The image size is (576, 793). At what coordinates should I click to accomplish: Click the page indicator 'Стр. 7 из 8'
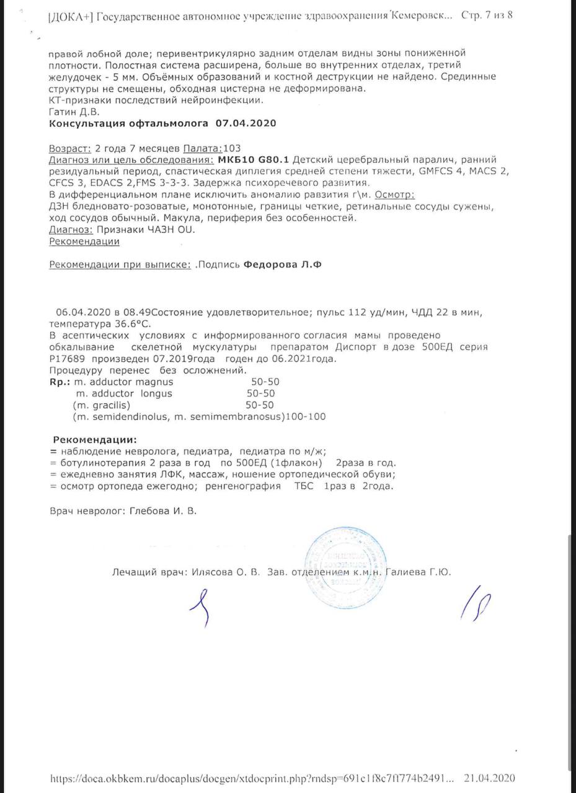click(x=487, y=15)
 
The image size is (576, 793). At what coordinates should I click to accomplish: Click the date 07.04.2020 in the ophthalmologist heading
click(x=246, y=123)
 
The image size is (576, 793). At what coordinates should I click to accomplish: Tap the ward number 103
click(x=231, y=148)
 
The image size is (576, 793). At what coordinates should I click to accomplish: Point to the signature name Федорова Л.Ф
click(x=283, y=265)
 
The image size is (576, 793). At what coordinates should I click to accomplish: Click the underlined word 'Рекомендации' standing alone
click(x=84, y=242)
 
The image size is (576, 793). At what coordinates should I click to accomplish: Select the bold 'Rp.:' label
click(x=60, y=382)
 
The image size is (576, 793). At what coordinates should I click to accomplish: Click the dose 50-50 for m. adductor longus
click(x=260, y=393)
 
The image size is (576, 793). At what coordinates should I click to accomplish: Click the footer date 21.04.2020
click(x=489, y=778)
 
